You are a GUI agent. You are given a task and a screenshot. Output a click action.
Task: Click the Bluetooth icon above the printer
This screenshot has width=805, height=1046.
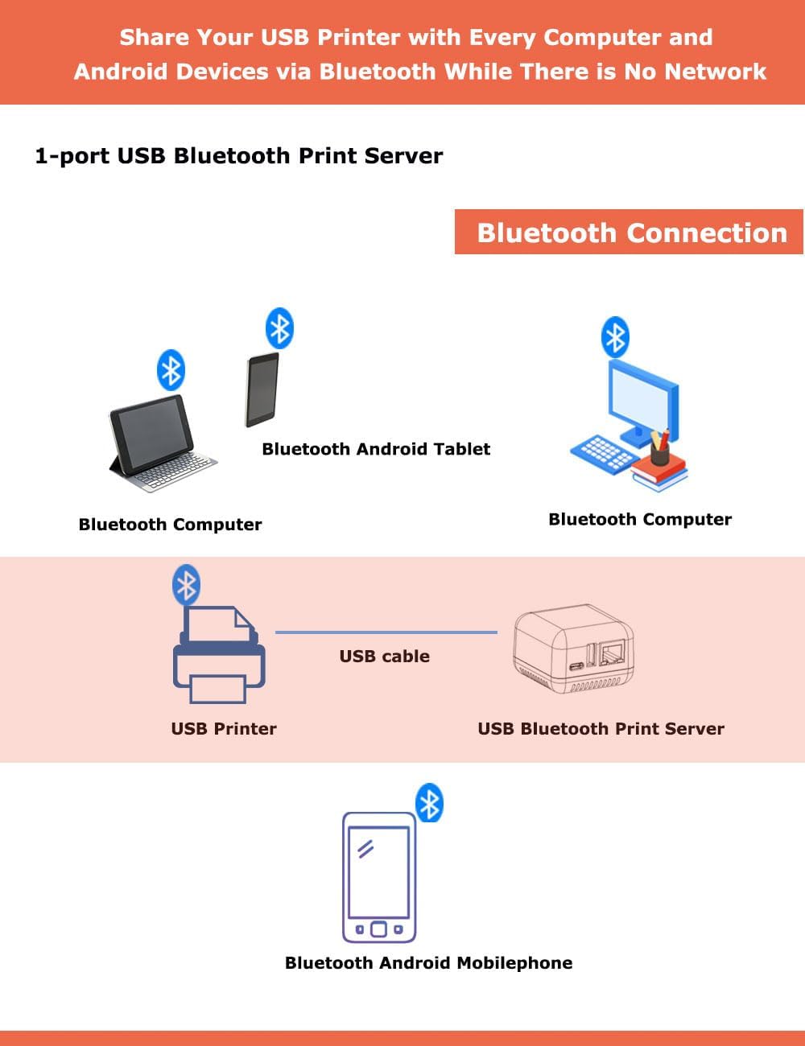coord(187,585)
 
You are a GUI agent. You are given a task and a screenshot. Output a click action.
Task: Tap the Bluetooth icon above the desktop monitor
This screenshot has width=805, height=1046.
coord(615,336)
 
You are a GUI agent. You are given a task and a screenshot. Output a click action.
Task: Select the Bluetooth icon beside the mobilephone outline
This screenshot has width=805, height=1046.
coord(429,803)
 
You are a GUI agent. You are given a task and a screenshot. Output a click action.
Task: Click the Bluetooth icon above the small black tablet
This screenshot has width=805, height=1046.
coord(279,328)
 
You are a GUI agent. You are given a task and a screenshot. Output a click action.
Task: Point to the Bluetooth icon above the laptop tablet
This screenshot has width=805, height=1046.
coord(171,370)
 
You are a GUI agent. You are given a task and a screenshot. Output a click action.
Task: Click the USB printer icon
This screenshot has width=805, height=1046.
coord(218,658)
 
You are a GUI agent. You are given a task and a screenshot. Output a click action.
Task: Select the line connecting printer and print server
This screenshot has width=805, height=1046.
coord(386,632)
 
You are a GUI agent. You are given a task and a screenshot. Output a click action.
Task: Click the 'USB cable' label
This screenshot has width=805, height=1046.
coord(384,656)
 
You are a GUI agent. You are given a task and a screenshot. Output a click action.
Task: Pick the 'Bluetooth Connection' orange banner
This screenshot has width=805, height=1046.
coord(629,233)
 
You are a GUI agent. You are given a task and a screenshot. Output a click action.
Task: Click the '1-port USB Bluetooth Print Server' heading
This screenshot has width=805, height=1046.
coord(238,155)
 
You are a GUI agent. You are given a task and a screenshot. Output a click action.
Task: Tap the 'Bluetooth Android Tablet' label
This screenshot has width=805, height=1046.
coord(376,449)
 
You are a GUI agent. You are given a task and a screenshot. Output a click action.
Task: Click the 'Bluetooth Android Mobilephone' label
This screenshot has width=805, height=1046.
coord(428,962)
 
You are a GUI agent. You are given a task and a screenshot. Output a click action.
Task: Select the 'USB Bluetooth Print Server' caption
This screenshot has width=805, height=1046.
coord(601,728)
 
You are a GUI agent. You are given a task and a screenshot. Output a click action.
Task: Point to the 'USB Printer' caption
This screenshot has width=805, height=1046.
coord(224,728)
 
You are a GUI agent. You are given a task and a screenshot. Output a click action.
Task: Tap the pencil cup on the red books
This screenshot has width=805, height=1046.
coord(659,451)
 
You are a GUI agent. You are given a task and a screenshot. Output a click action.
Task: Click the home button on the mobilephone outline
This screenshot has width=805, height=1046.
coord(378,929)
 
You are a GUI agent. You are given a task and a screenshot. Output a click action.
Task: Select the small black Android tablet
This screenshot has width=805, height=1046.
coord(262,389)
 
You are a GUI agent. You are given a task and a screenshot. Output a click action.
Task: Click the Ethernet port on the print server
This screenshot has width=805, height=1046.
coord(615,653)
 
